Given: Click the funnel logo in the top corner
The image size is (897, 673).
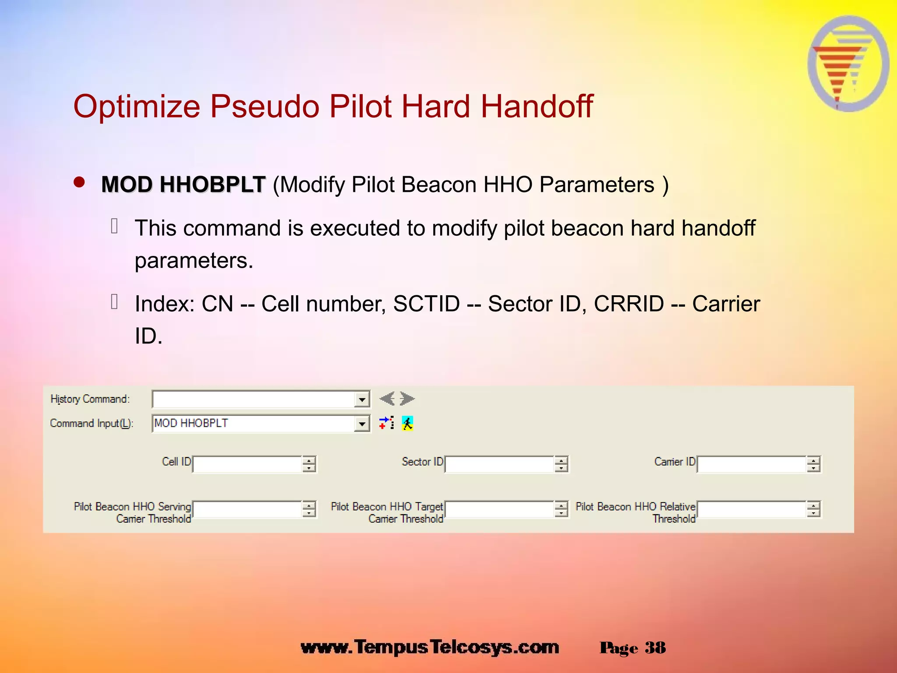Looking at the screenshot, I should [x=848, y=64].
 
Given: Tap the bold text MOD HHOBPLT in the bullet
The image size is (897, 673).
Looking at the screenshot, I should [x=183, y=184].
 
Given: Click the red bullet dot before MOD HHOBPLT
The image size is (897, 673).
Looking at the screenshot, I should [x=79, y=182].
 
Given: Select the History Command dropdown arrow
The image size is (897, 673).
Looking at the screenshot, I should [x=362, y=400].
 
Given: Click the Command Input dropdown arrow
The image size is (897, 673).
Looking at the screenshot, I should [x=362, y=424].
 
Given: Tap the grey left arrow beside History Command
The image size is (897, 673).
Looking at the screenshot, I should [x=387, y=399].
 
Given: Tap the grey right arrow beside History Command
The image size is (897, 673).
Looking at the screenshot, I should [x=407, y=399].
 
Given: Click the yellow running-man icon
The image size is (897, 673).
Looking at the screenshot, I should [x=407, y=423].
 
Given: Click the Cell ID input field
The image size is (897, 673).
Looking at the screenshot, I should [x=247, y=464].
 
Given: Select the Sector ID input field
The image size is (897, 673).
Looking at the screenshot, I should [x=499, y=464].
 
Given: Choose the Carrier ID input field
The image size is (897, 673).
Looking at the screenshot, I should [x=752, y=464].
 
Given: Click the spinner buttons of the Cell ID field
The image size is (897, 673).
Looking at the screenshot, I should [x=309, y=464].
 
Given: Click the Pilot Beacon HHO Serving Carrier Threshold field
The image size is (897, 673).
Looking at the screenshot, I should [x=247, y=509].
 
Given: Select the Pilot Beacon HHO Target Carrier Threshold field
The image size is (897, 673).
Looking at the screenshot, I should [x=499, y=509].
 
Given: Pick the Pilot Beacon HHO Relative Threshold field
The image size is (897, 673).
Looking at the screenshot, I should [x=752, y=509].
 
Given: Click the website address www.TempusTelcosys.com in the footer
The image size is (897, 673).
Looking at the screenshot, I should [x=430, y=647].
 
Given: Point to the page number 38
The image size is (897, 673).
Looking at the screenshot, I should [x=655, y=648].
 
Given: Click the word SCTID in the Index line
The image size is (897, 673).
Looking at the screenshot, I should [x=426, y=304].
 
